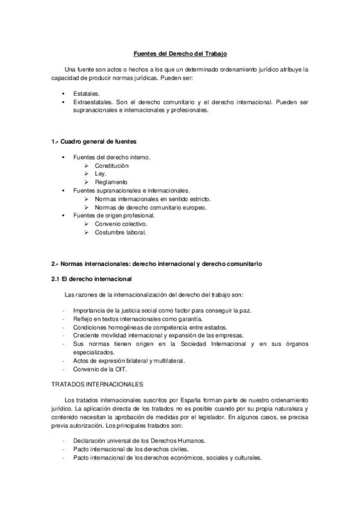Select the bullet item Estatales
click(87, 94)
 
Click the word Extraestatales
click(93, 102)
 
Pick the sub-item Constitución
click(111, 165)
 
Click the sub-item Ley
click(100, 173)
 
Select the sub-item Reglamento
click(111, 182)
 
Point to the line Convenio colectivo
click(121, 223)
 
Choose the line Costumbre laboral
click(120, 232)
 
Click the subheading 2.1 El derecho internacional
click(91, 279)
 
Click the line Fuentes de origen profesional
click(114, 215)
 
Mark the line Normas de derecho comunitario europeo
click(150, 207)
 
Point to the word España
click(201, 399)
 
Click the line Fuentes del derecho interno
click(111, 157)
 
